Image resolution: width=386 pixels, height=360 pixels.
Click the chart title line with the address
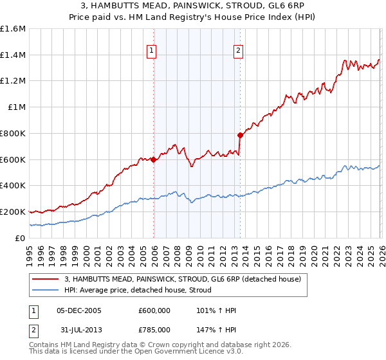(193, 6)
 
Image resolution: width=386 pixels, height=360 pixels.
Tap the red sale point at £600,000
(154, 159)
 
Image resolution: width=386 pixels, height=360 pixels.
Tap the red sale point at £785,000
(240, 135)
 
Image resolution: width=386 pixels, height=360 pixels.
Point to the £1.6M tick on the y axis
(13, 29)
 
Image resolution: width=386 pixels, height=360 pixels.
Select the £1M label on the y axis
(17, 107)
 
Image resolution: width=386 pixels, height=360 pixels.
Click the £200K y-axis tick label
(13, 212)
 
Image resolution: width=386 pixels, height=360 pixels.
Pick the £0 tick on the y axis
(21, 238)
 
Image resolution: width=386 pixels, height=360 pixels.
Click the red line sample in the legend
(46, 279)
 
